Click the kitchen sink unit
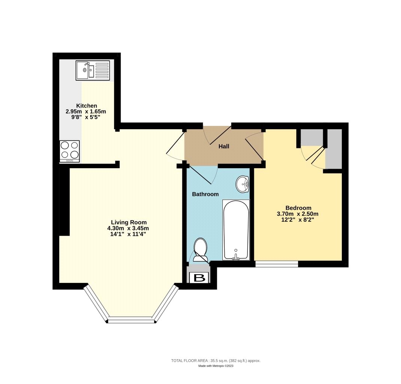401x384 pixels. coord(93,70)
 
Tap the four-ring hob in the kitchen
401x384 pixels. coord(70,151)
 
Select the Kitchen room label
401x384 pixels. coord(86,106)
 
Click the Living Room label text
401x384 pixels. coord(128,222)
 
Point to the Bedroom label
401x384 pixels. coord(298,208)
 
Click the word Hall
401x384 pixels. coord(224,146)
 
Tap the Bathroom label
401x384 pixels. coord(205,194)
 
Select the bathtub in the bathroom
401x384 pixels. coord(236,230)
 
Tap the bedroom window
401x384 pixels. coord(277,264)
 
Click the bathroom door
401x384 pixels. coord(210,175)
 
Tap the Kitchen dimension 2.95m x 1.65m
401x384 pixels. coord(86,111)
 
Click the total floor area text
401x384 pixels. coord(216,360)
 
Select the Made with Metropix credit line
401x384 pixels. coord(216,366)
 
